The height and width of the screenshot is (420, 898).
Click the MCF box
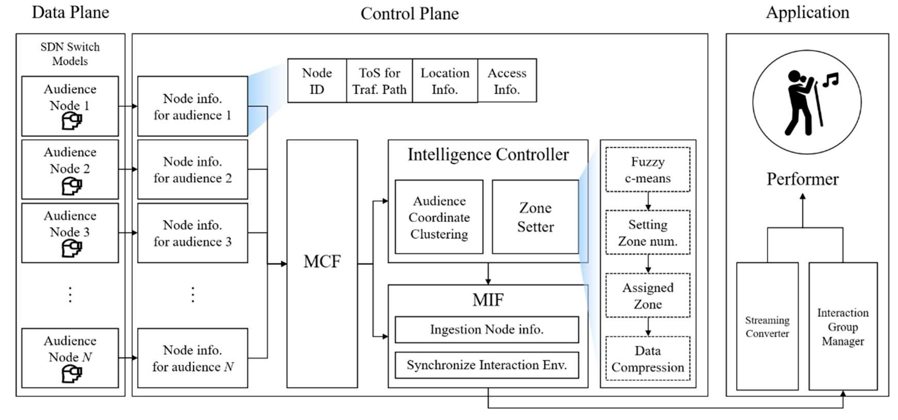tap(322, 264)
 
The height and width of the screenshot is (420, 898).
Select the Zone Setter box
tap(535, 217)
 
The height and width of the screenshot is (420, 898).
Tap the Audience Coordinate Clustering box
tap(439, 217)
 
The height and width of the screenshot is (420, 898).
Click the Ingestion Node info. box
tap(487, 330)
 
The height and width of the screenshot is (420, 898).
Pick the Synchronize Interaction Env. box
tap(487, 365)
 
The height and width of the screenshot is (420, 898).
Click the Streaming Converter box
tap(767, 326)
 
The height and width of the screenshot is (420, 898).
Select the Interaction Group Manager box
tap(843, 326)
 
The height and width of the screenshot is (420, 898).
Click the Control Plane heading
tap(410, 14)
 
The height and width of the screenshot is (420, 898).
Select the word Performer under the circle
tap(803, 179)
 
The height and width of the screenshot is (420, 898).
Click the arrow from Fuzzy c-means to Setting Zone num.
tap(648, 201)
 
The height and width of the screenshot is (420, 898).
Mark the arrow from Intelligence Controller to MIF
tap(488, 274)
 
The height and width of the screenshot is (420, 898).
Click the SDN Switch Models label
tap(70, 54)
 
